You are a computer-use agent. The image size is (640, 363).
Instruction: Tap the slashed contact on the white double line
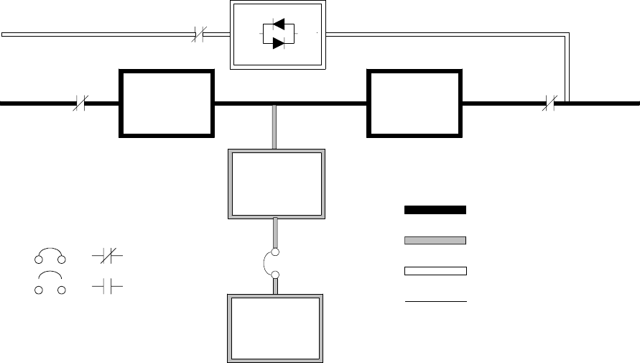200,34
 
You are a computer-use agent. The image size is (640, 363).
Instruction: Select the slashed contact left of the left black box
81,104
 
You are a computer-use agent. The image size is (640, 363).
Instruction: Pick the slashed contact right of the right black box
549,104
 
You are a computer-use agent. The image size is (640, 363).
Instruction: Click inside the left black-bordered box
167,104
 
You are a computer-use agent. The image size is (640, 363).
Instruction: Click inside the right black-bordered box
414,104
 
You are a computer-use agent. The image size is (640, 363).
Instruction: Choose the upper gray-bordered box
277,183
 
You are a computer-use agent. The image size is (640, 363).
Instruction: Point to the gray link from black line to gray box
276,127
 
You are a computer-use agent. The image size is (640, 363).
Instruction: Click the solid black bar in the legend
435,210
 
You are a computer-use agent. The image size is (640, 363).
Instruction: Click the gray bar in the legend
435,240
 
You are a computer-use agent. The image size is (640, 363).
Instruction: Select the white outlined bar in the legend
435,271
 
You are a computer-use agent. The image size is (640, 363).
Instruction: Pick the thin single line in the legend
435,302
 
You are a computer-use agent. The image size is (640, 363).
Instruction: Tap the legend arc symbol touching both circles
50,254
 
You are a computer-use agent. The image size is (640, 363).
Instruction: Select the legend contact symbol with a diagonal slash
108,255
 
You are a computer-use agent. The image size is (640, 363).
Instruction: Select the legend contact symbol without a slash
108,286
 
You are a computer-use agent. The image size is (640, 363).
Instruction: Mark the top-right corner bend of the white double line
568,35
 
